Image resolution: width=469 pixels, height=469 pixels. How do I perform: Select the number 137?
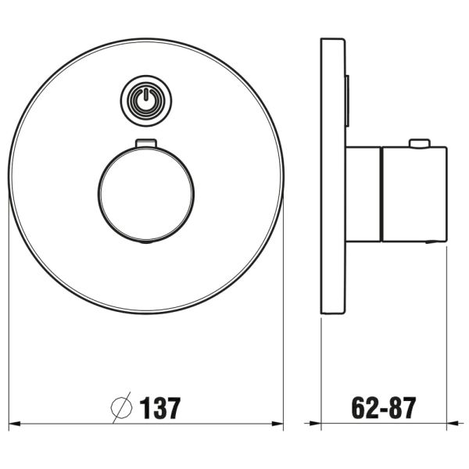[x=160, y=407]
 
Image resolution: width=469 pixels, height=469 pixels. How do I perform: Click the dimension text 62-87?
[x=384, y=407]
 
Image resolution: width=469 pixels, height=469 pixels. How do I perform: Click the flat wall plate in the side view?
[x=333, y=176]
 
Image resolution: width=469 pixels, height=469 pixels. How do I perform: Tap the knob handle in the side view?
[x=413, y=194]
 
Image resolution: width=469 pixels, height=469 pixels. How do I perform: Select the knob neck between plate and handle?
[x=363, y=194]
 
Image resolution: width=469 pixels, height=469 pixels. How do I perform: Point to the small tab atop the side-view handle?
[x=420, y=144]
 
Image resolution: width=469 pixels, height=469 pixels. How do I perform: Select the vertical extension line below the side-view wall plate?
[x=322, y=367]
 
